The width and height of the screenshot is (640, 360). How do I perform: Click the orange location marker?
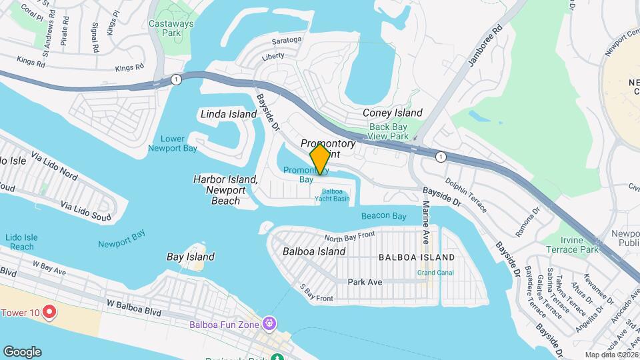(x=320, y=159)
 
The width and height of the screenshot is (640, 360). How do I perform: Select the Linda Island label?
(x=229, y=114)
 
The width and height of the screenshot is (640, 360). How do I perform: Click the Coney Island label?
(x=393, y=113)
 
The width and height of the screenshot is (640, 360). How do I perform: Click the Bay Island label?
(x=191, y=257)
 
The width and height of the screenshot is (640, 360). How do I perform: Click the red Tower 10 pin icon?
(x=49, y=312)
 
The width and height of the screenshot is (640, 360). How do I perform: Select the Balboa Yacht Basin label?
(x=331, y=195)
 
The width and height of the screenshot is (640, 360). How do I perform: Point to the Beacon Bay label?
(x=384, y=216)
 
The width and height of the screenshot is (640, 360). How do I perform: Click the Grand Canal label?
(x=435, y=273)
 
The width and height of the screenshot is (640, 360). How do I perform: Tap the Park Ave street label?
(x=365, y=282)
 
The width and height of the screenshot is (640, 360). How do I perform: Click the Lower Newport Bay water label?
(x=178, y=143)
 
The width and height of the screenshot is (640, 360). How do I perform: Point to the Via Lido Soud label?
(x=86, y=208)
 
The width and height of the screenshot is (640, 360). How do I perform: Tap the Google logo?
(x=22, y=352)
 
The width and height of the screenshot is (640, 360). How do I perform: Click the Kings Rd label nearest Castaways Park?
(x=129, y=67)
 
